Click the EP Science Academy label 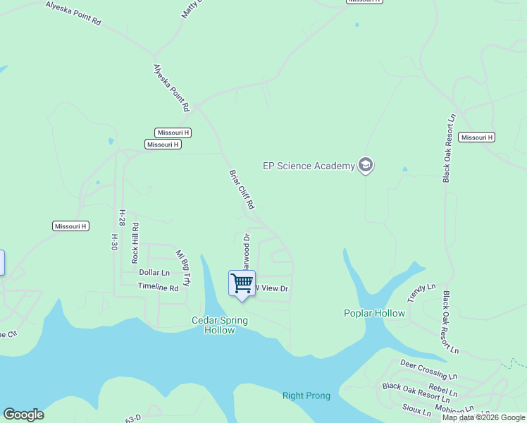pos(309,166)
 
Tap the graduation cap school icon pos(365,166)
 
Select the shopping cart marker pos(242,283)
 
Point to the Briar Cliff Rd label pos(241,188)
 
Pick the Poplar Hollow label pos(374,313)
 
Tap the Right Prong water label pos(306,396)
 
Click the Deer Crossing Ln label pos(423,368)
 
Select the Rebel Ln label pos(442,390)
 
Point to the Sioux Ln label pos(416,410)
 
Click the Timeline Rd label pos(158,288)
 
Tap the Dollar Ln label pos(154,272)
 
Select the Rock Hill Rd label pos(135,243)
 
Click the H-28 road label pos(122,216)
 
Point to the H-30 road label pos(113,243)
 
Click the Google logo pos(23,415)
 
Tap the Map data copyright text pos(483,417)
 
